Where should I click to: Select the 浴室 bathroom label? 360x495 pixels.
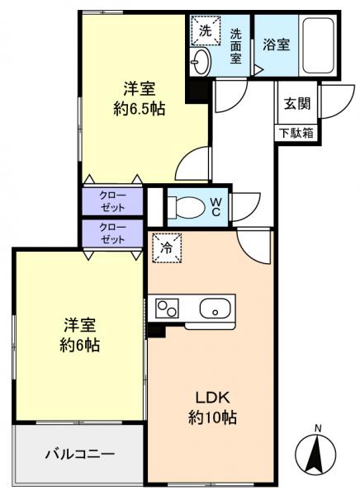[x=277, y=45]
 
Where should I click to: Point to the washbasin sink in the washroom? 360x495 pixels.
[x=201, y=59]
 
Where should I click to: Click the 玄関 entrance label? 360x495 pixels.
[x=297, y=104]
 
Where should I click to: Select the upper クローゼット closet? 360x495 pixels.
[x=112, y=201]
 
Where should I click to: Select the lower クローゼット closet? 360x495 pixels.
[x=112, y=233]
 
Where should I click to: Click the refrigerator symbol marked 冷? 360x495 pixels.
[x=167, y=246]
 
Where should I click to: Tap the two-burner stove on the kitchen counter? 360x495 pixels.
[x=167, y=309]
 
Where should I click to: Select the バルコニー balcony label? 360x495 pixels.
[x=79, y=453]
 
